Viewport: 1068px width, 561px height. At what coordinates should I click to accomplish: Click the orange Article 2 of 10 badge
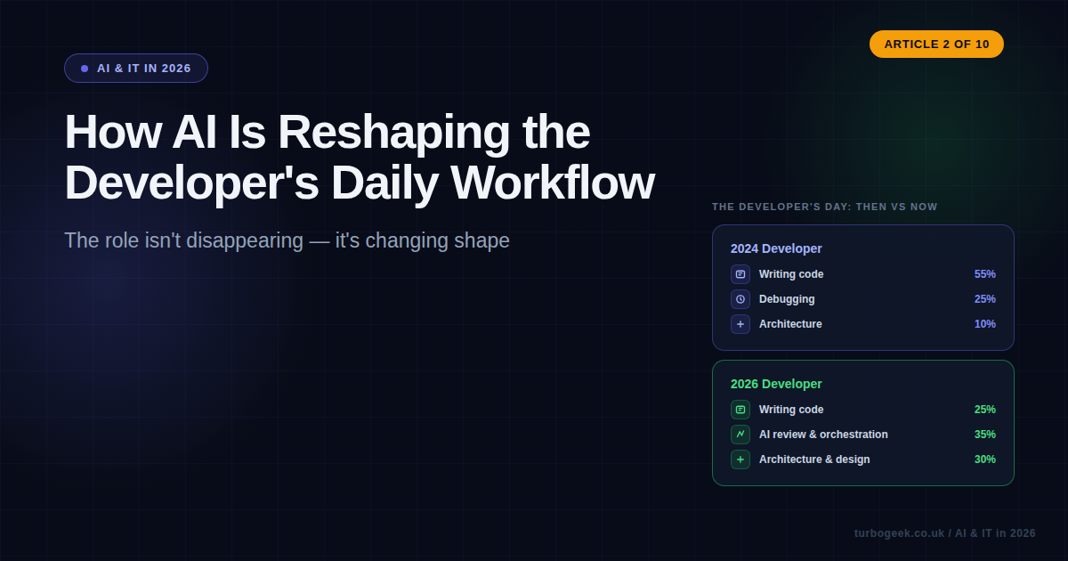point(936,44)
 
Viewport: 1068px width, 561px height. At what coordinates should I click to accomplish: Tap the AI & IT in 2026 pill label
point(136,69)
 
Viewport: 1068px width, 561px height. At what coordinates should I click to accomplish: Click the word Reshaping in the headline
point(394,132)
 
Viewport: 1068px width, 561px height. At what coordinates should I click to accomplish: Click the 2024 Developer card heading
point(776,248)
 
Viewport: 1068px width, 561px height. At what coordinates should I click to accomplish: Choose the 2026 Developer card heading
point(776,384)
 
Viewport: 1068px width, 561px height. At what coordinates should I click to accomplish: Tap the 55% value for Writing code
point(984,274)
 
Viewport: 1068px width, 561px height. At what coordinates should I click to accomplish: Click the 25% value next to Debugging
point(984,299)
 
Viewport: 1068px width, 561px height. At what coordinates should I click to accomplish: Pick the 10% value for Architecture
point(984,324)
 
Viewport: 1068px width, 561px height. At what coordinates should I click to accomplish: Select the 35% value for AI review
point(984,435)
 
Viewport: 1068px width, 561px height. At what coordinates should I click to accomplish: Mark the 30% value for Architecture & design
point(984,459)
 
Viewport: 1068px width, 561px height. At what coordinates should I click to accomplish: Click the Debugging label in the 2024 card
point(787,299)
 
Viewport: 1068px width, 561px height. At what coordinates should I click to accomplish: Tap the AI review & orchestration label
point(823,435)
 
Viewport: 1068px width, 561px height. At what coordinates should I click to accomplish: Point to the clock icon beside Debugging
point(740,299)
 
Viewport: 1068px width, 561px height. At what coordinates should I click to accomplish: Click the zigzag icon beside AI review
point(740,435)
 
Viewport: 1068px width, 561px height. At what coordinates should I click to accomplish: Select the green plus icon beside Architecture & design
point(740,459)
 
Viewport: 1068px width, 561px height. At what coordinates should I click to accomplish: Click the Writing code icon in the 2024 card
point(740,274)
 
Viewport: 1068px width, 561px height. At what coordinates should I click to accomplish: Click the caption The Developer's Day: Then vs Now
point(824,207)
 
